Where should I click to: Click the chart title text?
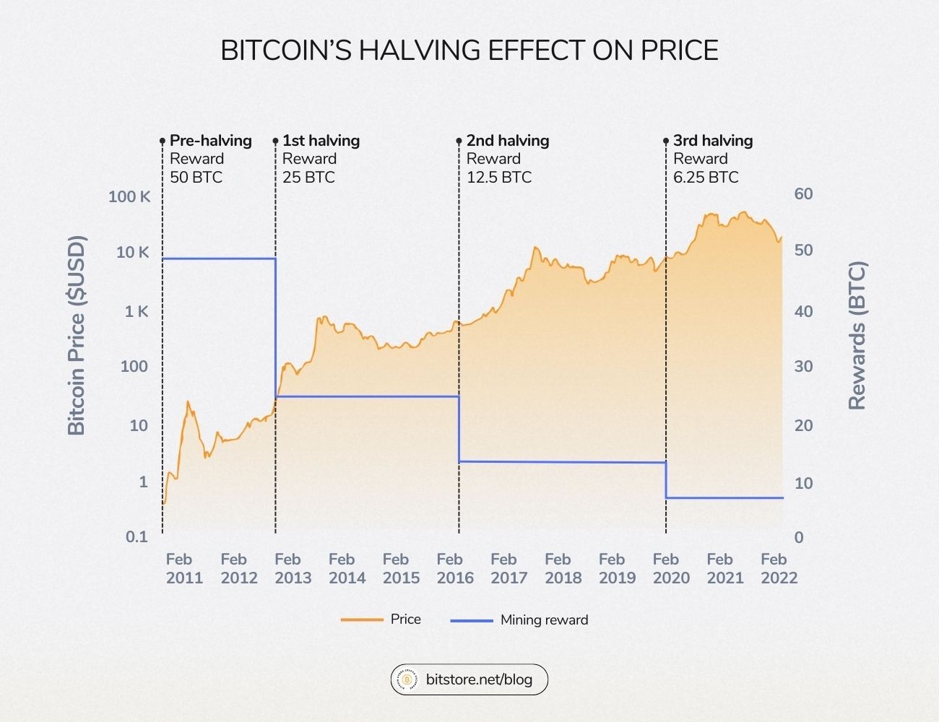tap(469, 51)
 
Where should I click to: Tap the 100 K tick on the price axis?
tap(129, 196)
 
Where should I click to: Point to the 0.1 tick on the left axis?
tap(137, 537)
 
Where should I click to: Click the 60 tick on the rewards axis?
tap(803, 194)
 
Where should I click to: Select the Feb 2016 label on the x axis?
tap(454, 569)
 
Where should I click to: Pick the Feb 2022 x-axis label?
tap(778, 569)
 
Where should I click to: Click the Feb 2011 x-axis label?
tap(184, 569)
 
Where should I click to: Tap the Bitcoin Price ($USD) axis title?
tap(77, 336)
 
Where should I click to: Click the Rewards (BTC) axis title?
tap(857, 336)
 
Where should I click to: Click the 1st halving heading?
tap(321, 141)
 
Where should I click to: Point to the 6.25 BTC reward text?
tap(706, 178)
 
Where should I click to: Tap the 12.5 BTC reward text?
tap(498, 178)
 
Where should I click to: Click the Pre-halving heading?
tap(210, 141)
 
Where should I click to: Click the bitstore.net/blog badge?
tap(469, 679)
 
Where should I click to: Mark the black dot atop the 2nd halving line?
tap(459, 142)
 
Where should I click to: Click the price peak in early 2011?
tap(189, 402)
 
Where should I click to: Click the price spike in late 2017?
tap(535, 248)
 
